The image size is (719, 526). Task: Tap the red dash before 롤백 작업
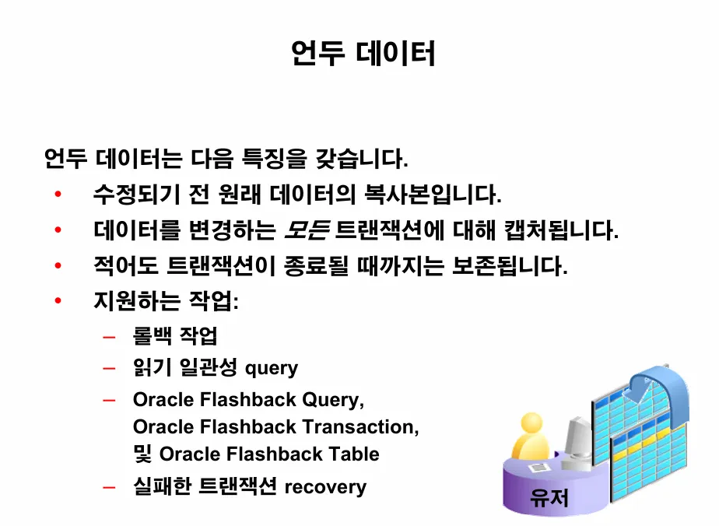[109, 338]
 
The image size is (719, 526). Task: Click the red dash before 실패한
[109, 488]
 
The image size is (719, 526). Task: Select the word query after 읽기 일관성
[271, 368]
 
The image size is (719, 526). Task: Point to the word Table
[353, 454]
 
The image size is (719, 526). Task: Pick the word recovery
[325, 488]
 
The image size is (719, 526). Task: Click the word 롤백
[153, 336]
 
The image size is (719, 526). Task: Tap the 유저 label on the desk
[549, 497]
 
